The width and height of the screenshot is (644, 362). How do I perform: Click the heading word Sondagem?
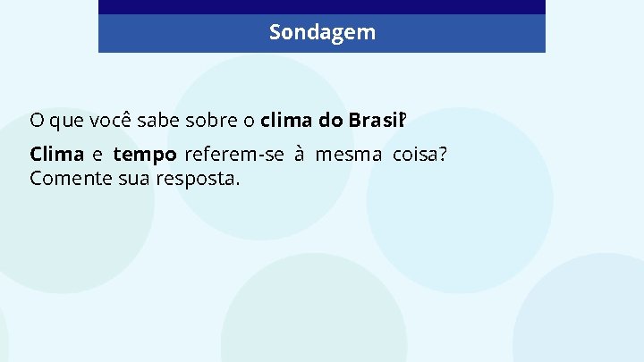322,33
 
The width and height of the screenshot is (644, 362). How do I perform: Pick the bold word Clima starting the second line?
56,155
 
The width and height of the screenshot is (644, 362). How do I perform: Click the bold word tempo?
144,155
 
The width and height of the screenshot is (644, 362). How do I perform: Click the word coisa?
415,155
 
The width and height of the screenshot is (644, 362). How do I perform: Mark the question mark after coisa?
442,155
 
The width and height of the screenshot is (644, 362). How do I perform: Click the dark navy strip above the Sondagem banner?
322,7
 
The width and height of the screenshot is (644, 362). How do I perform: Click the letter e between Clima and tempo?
97,156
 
